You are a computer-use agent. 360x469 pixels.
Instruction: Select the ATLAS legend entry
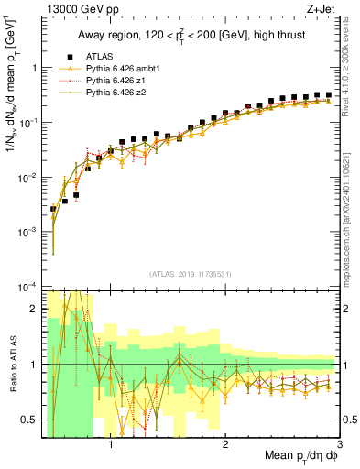point(91,56)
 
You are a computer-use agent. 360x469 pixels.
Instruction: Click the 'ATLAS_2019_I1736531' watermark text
point(189,274)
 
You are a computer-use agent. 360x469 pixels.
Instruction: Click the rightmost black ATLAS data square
point(328,94)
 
